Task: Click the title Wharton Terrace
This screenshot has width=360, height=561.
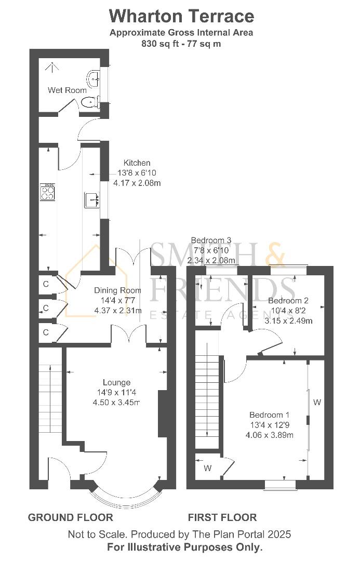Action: [x=181, y=16]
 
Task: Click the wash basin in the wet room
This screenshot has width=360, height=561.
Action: [x=94, y=79]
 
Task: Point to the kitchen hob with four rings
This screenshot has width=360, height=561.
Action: [x=48, y=192]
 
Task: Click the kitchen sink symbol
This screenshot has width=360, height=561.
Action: [x=92, y=199]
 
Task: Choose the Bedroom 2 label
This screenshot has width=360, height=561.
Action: [x=288, y=301]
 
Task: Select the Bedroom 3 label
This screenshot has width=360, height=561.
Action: [x=211, y=240]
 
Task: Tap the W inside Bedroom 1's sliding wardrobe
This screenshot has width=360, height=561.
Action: [x=316, y=402]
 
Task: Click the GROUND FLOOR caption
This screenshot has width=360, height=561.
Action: [x=70, y=517]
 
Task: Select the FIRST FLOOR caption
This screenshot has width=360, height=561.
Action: [x=222, y=517]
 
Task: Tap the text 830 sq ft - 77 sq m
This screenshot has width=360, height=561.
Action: [x=181, y=44]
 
